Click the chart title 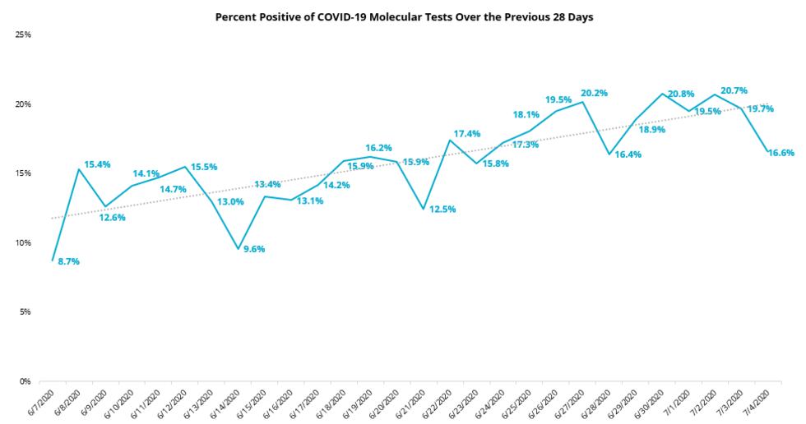404,16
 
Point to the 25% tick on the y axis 23,35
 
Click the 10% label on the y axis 23,243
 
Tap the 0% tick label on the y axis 25,381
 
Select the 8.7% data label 68,261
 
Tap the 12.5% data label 441,210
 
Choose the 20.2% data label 594,93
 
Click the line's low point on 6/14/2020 238,249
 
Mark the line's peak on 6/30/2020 662,94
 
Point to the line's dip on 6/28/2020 609,154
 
